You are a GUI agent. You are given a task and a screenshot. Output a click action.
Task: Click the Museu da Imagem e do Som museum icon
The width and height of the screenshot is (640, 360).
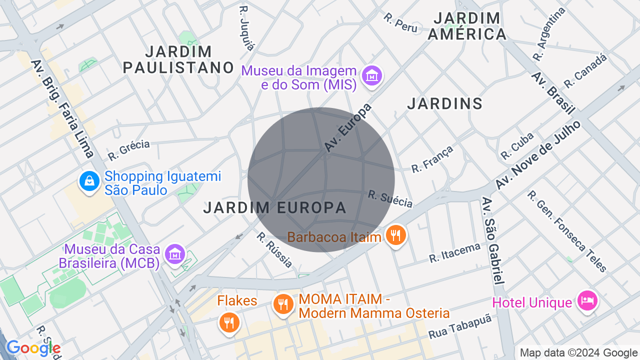372,76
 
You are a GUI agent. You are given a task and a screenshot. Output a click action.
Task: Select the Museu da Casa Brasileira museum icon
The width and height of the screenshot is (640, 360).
175,254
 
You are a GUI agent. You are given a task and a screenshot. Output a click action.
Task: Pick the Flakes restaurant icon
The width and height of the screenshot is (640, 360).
229,322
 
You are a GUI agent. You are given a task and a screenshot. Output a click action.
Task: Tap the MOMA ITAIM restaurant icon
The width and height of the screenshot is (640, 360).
283,304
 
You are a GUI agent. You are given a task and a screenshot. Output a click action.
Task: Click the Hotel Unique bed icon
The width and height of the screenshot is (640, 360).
587,300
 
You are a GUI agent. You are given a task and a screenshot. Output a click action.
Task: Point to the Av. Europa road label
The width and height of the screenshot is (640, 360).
348,128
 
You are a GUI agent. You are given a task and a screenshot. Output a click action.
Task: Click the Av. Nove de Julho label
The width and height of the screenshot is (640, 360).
538,154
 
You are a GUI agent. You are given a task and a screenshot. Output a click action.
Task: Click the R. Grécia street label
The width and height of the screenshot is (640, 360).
128,150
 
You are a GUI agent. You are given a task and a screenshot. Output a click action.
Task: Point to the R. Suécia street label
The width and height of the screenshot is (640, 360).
390,198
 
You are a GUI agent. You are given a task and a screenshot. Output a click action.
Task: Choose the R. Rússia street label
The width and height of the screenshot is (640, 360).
274,250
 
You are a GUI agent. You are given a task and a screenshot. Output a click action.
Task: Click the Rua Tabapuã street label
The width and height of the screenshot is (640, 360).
460,327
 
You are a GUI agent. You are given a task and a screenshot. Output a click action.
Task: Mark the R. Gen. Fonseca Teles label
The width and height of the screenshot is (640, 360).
567,231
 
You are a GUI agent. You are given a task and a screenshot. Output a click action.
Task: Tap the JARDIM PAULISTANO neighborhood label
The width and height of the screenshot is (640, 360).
178,59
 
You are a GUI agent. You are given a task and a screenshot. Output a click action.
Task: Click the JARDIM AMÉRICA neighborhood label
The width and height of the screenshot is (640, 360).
467,26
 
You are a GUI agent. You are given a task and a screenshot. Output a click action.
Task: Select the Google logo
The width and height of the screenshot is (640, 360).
33,348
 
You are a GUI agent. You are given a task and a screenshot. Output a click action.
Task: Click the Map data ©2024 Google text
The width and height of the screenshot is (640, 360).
578,353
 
